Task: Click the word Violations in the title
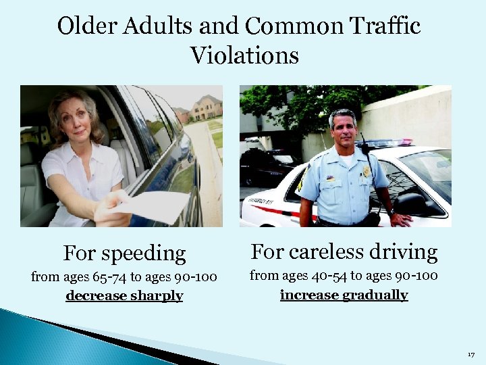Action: point(244,55)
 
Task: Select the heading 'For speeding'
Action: point(124,253)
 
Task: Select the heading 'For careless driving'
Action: point(344,252)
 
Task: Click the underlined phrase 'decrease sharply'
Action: point(124,296)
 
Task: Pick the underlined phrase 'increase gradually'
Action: point(344,295)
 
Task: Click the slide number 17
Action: point(470,354)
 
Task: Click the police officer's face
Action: point(343,132)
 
